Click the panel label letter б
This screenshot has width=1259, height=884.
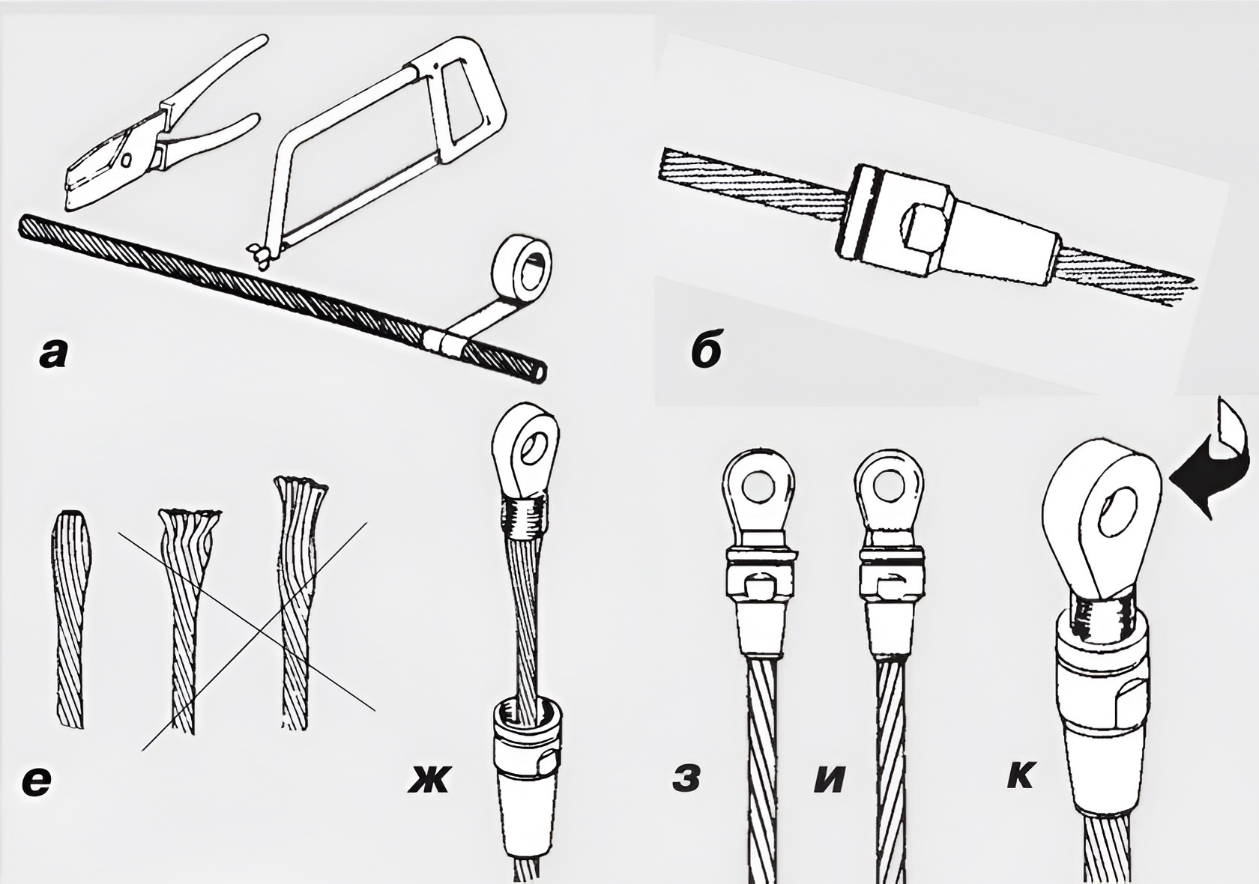coord(707,350)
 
